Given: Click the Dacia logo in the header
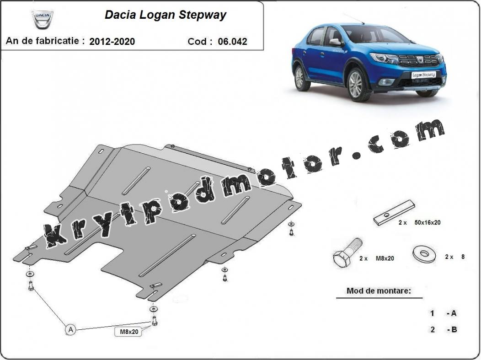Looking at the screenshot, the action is pos(43,20).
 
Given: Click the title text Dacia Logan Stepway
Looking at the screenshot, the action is pos(166,15).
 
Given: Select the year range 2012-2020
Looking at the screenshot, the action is pos(112,42).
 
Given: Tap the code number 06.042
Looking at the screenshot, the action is pos(233,42).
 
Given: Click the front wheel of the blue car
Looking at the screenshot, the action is pos(357,85).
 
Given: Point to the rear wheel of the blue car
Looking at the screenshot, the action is pos(299,78).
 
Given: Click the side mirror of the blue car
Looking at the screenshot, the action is pos(335,42).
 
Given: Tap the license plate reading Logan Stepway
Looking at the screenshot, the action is pos(423,75).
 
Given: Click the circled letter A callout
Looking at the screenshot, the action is pos(71,330).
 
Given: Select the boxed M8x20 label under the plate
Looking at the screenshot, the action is pos(128,332).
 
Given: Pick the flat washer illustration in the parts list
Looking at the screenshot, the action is pos(425,253).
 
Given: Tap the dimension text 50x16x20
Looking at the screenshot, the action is pos(428,222).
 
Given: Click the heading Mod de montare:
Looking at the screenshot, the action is pos(379,290).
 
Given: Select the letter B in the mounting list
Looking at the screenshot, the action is pos(454,329).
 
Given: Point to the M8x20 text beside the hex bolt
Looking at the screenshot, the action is pos(385,258).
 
